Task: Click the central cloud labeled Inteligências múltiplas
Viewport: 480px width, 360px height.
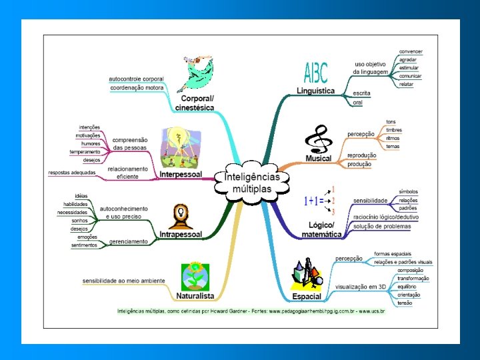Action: coord(252,179)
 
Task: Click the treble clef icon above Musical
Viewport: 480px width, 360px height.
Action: coord(316,139)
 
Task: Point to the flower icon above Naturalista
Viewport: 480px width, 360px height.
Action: coord(195,275)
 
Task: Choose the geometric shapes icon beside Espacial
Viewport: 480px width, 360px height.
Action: coord(307,275)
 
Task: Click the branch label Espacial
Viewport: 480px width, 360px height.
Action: coord(307,296)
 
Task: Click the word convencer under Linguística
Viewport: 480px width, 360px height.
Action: coord(410,51)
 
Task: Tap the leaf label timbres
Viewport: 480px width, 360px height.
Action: coord(393,130)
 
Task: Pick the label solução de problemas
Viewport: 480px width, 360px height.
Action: coord(382,227)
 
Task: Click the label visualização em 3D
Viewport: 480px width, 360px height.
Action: coord(361,286)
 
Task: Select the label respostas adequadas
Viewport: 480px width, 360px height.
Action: coord(72,173)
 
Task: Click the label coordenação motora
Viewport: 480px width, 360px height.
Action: coord(136,88)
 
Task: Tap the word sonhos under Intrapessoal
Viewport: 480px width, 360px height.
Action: coord(79,220)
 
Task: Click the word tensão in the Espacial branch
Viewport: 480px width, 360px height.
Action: coord(405,303)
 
